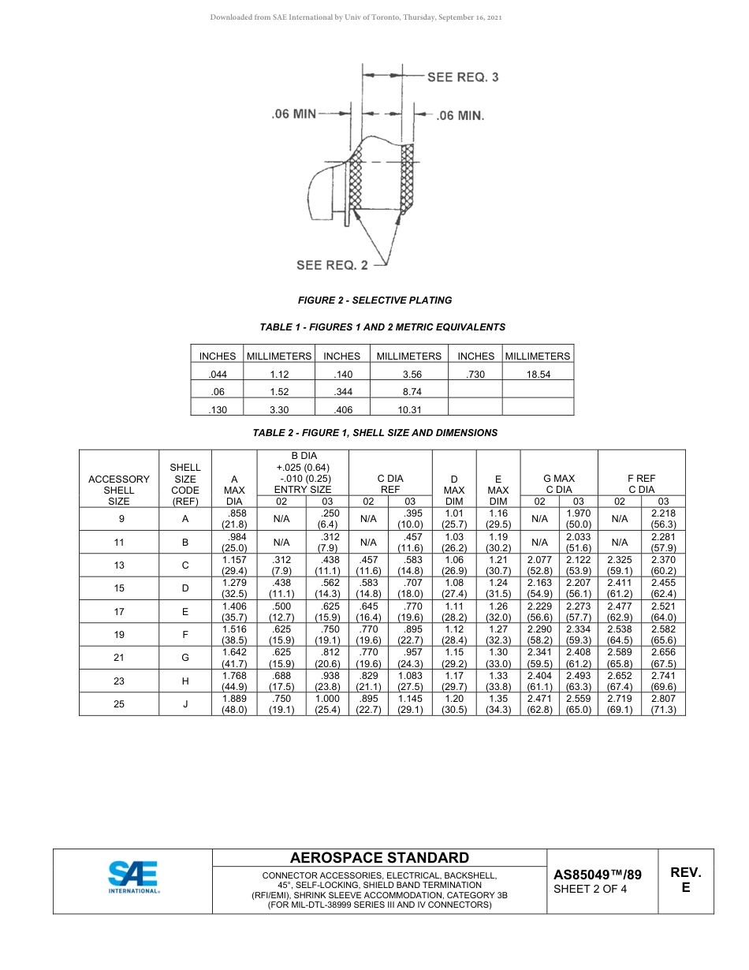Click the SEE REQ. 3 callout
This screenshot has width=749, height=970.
pyautogui.click(x=462, y=76)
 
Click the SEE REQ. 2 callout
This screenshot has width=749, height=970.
pyautogui.click(x=332, y=265)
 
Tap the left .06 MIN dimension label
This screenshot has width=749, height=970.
pyautogui.click(x=293, y=114)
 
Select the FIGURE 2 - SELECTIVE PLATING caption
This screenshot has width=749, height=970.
pyautogui.click(x=374, y=300)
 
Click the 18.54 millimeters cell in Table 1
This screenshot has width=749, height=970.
pyautogui.click(x=538, y=375)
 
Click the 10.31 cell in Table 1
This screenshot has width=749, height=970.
pyautogui.click(x=408, y=409)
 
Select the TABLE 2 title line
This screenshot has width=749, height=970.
pyautogui.click(x=374, y=433)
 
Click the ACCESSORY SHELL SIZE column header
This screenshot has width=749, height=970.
pyautogui.click(x=118, y=489)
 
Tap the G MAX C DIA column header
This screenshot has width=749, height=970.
pyautogui.click(x=559, y=483)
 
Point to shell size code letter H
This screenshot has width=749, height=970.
pyautogui.click(x=185, y=681)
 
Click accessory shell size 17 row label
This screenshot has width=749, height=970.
pyautogui.click(x=118, y=611)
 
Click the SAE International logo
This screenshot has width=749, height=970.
pyautogui.click(x=133, y=878)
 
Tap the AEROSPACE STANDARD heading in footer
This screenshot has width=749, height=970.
pyautogui.click(x=379, y=858)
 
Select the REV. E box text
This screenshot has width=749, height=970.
pyautogui.click(x=685, y=880)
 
